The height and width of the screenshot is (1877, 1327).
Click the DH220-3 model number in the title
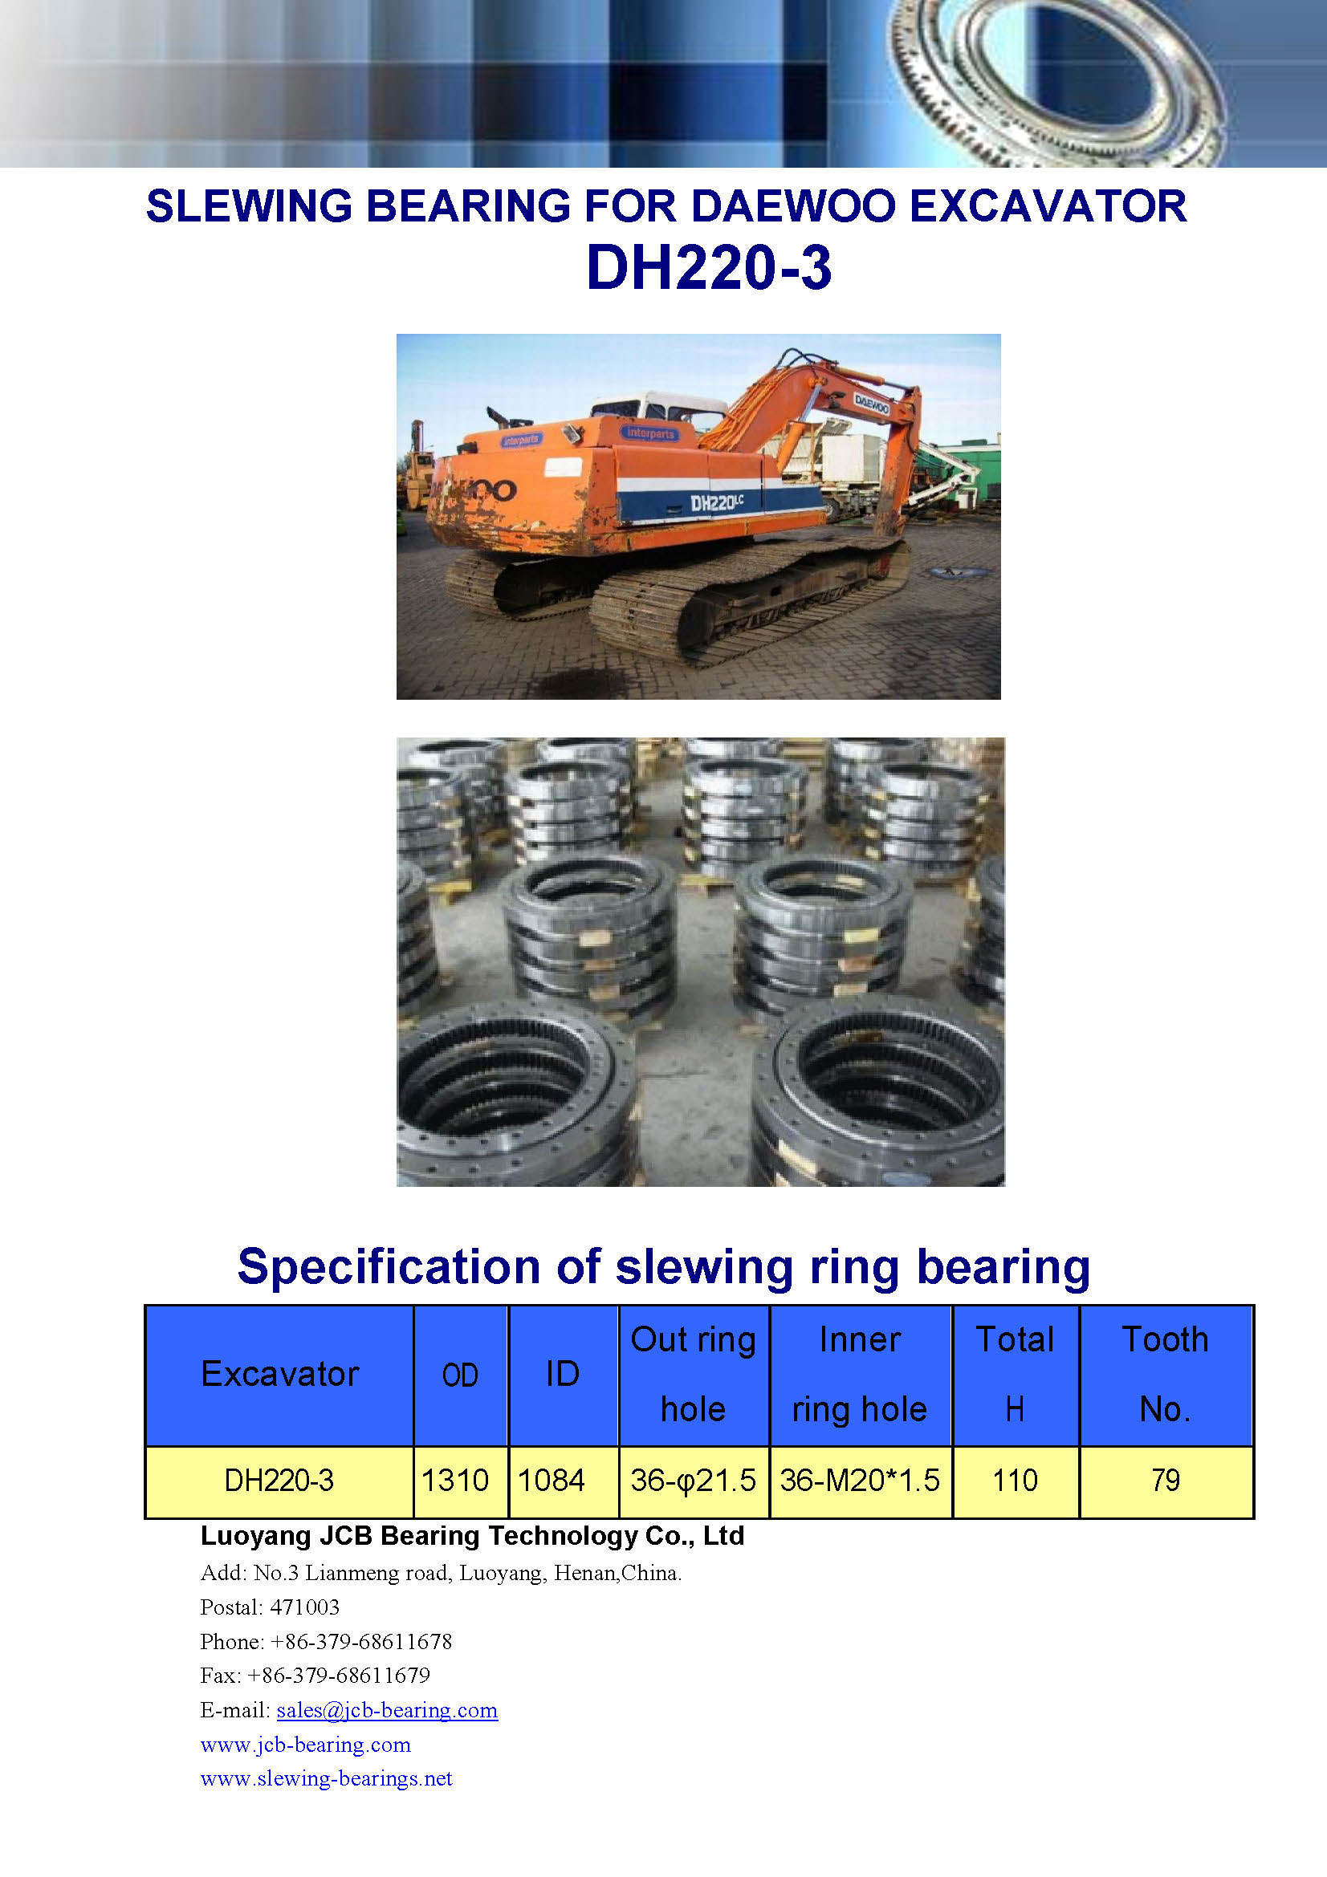point(709,267)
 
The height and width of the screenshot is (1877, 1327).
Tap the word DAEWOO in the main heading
point(793,206)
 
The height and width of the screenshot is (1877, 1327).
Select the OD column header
point(460,1376)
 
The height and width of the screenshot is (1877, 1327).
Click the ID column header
point(563,1374)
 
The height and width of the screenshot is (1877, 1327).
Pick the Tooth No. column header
point(1165,1374)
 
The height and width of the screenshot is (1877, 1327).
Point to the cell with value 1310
point(454,1481)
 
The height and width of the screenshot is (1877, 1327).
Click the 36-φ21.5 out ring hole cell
point(694,1481)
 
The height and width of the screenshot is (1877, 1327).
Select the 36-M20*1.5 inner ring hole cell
point(859,1481)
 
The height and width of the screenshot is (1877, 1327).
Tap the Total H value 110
point(1015,1481)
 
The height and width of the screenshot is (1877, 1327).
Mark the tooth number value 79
point(1165,1481)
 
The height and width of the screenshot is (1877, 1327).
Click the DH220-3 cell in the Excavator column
point(279,1481)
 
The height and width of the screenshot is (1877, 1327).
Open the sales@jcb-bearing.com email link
point(387,1710)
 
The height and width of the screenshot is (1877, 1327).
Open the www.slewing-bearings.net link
point(326,1779)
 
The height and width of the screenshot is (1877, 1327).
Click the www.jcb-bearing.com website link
point(305,1745)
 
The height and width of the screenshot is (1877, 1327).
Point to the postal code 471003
point(304,1607)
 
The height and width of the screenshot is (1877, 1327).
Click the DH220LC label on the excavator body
point(717,502)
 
